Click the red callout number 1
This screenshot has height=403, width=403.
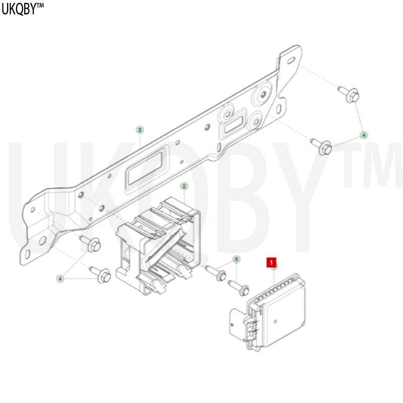(272, 262)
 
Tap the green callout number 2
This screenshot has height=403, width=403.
(184, 186)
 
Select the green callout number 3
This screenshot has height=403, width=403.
(140, 130)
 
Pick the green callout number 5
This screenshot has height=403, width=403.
(236, 259)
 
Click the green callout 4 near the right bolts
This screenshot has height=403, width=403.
(363, 135)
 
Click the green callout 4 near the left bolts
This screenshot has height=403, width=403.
(60, 279)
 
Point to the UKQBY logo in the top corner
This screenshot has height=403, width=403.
(22, 9)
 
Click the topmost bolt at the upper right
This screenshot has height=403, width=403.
(349, 95)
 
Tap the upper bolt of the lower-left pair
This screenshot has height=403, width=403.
(91, 243)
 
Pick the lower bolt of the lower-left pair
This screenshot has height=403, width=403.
(100, 275)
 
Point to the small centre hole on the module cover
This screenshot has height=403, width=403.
(276, 321)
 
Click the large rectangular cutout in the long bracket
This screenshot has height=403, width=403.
(145, 168)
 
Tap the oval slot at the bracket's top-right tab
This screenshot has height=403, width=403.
(291, 60)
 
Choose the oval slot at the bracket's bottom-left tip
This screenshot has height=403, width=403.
(28, 254)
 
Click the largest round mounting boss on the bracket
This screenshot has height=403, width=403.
(262, 94)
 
